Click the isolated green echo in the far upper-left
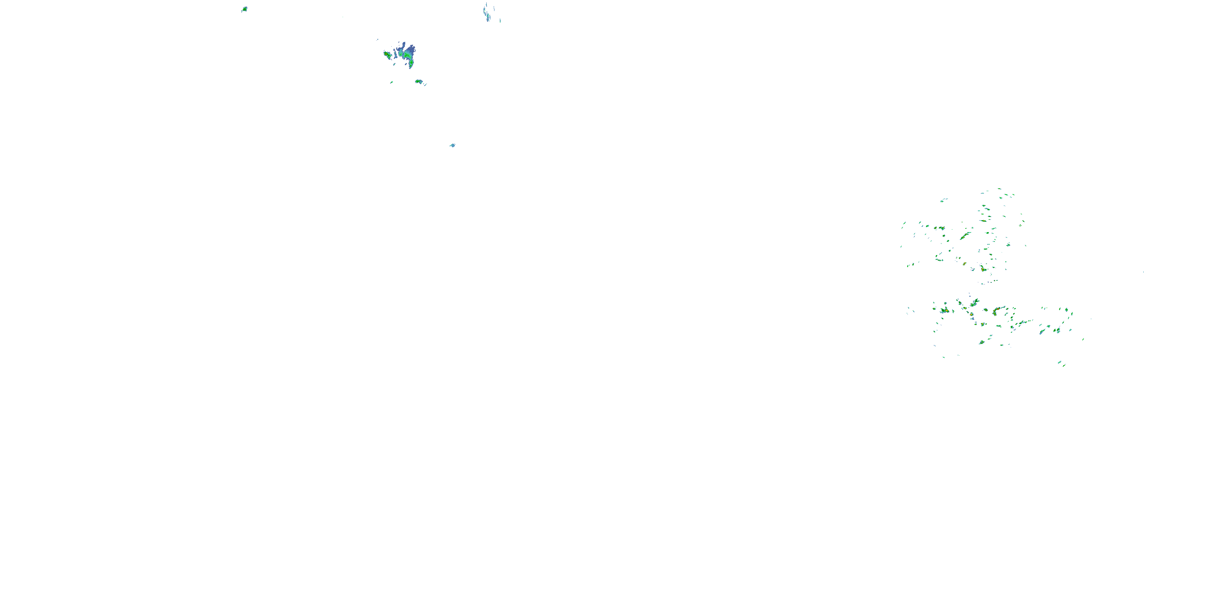244,9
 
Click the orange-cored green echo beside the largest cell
387,55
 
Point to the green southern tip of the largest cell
411,65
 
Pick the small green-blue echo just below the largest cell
419,81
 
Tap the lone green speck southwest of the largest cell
391,82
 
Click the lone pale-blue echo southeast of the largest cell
452,145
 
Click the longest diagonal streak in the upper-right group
965,236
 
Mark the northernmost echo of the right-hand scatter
999,189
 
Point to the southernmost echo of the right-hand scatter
1063,365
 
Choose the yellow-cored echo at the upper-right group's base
983,269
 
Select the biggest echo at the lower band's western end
944,310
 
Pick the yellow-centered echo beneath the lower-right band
982,342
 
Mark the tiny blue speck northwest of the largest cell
377,40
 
